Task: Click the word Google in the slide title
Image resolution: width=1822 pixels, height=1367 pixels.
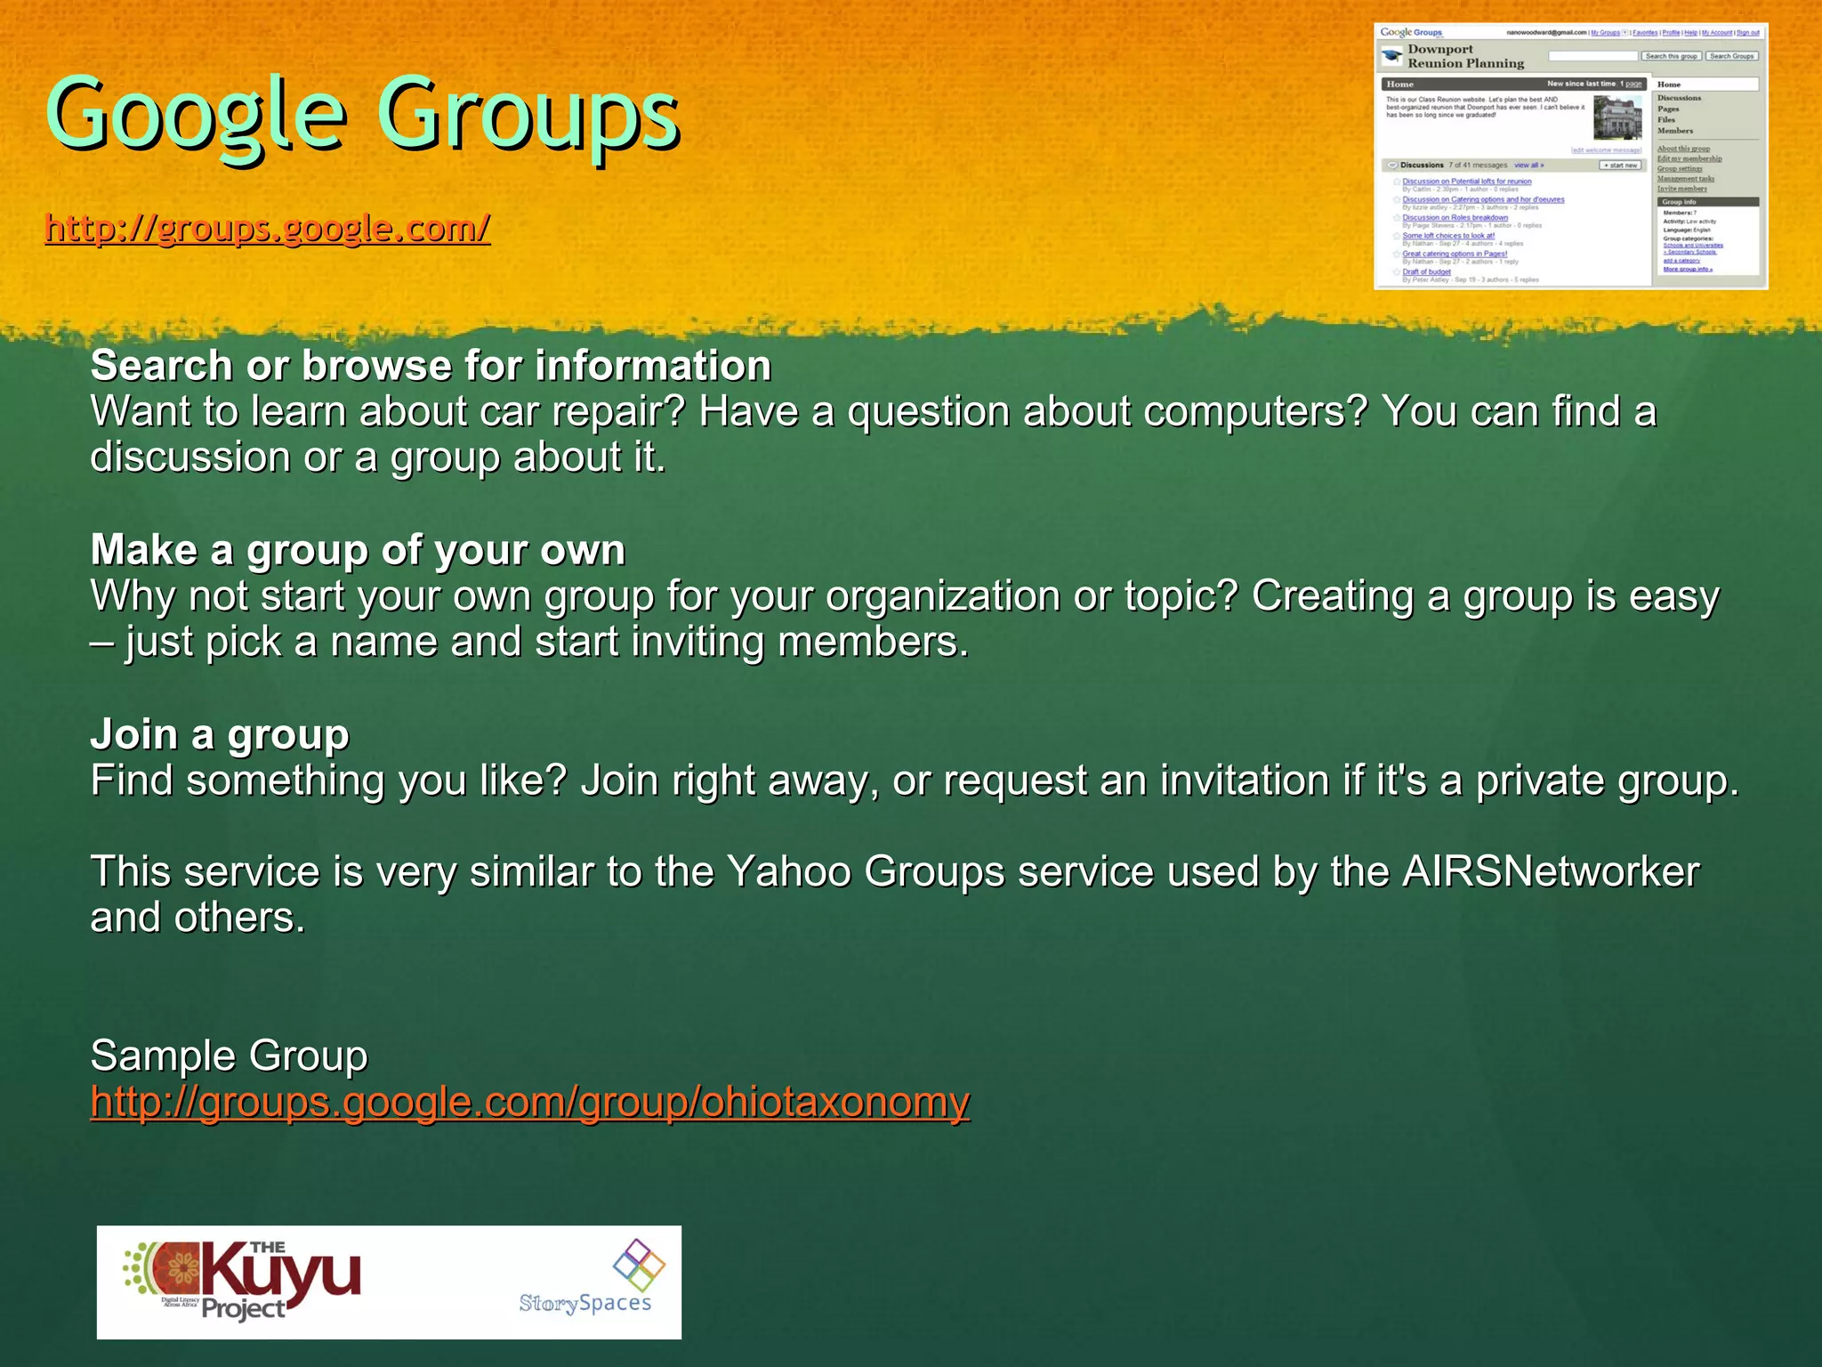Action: pos(196,116)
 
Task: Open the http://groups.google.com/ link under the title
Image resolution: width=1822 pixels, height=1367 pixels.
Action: pos(267,229)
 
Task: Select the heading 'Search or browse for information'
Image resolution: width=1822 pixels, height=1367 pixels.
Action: pos(431,366)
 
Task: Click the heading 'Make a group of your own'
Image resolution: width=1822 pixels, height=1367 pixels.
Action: pos(358,550)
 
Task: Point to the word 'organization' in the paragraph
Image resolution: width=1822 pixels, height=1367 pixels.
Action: pos(942,596)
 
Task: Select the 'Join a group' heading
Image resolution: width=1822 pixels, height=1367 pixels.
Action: pos(220,735)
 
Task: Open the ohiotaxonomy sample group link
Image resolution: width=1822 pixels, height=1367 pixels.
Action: pos(529,1102)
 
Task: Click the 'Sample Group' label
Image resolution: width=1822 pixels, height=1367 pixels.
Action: pos(229,1056)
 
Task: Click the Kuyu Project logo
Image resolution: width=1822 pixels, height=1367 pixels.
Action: pos(242,1282)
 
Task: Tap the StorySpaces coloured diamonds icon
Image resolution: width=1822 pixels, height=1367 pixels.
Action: pos(639,1265)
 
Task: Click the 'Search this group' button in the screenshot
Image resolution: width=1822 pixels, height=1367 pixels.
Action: pos(1671,56)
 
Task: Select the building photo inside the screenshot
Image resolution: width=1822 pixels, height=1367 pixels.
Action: pos(1617,117)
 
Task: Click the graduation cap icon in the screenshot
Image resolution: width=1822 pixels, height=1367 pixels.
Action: pos(1391,57)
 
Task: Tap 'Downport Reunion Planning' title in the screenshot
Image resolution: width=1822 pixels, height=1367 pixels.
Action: pos(1465,56)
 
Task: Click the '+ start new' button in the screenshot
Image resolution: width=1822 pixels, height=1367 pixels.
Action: pos(1620,166)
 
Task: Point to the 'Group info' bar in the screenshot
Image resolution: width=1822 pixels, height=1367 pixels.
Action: pos(1707,202)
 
